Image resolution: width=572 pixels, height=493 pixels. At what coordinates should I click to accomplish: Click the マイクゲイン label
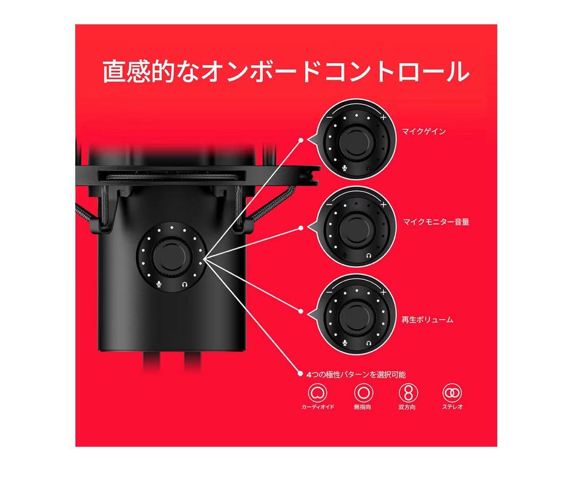click(x=423, y=131)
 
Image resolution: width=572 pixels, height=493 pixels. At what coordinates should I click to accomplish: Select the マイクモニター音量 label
click(x=436, y=222)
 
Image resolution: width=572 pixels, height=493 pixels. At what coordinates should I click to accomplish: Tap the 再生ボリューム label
click(x=427, y=320)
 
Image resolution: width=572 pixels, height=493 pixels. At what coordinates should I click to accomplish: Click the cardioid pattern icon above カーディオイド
click(x=318, y=392)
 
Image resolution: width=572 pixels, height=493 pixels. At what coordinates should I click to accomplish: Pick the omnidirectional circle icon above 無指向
click(x=363, y=392)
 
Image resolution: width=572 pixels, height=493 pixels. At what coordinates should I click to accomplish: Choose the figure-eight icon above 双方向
click(x=408, y=392)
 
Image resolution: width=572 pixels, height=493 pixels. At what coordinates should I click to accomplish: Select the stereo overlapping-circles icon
click(x=452, y=392)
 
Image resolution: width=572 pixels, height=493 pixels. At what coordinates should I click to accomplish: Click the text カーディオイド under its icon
click(x=318, y=407)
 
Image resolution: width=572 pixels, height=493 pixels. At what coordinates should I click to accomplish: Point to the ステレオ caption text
click(x=452, y=407)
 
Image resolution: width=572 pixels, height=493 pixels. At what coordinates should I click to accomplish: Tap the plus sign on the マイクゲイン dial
click(x=383, y=117)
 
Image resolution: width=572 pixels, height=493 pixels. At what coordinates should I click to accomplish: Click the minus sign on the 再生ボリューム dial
click(x=329, y=292)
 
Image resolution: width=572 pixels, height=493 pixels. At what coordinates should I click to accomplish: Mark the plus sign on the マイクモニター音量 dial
click(x=383, y=205)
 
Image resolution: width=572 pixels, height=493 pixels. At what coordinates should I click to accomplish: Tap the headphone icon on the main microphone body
click(x=184, y=284)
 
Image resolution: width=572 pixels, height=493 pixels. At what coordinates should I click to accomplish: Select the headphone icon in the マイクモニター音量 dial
click(x=369, y=255)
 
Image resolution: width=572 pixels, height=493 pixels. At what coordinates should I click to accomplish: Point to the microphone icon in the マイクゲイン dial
click(x=344, y=167)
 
